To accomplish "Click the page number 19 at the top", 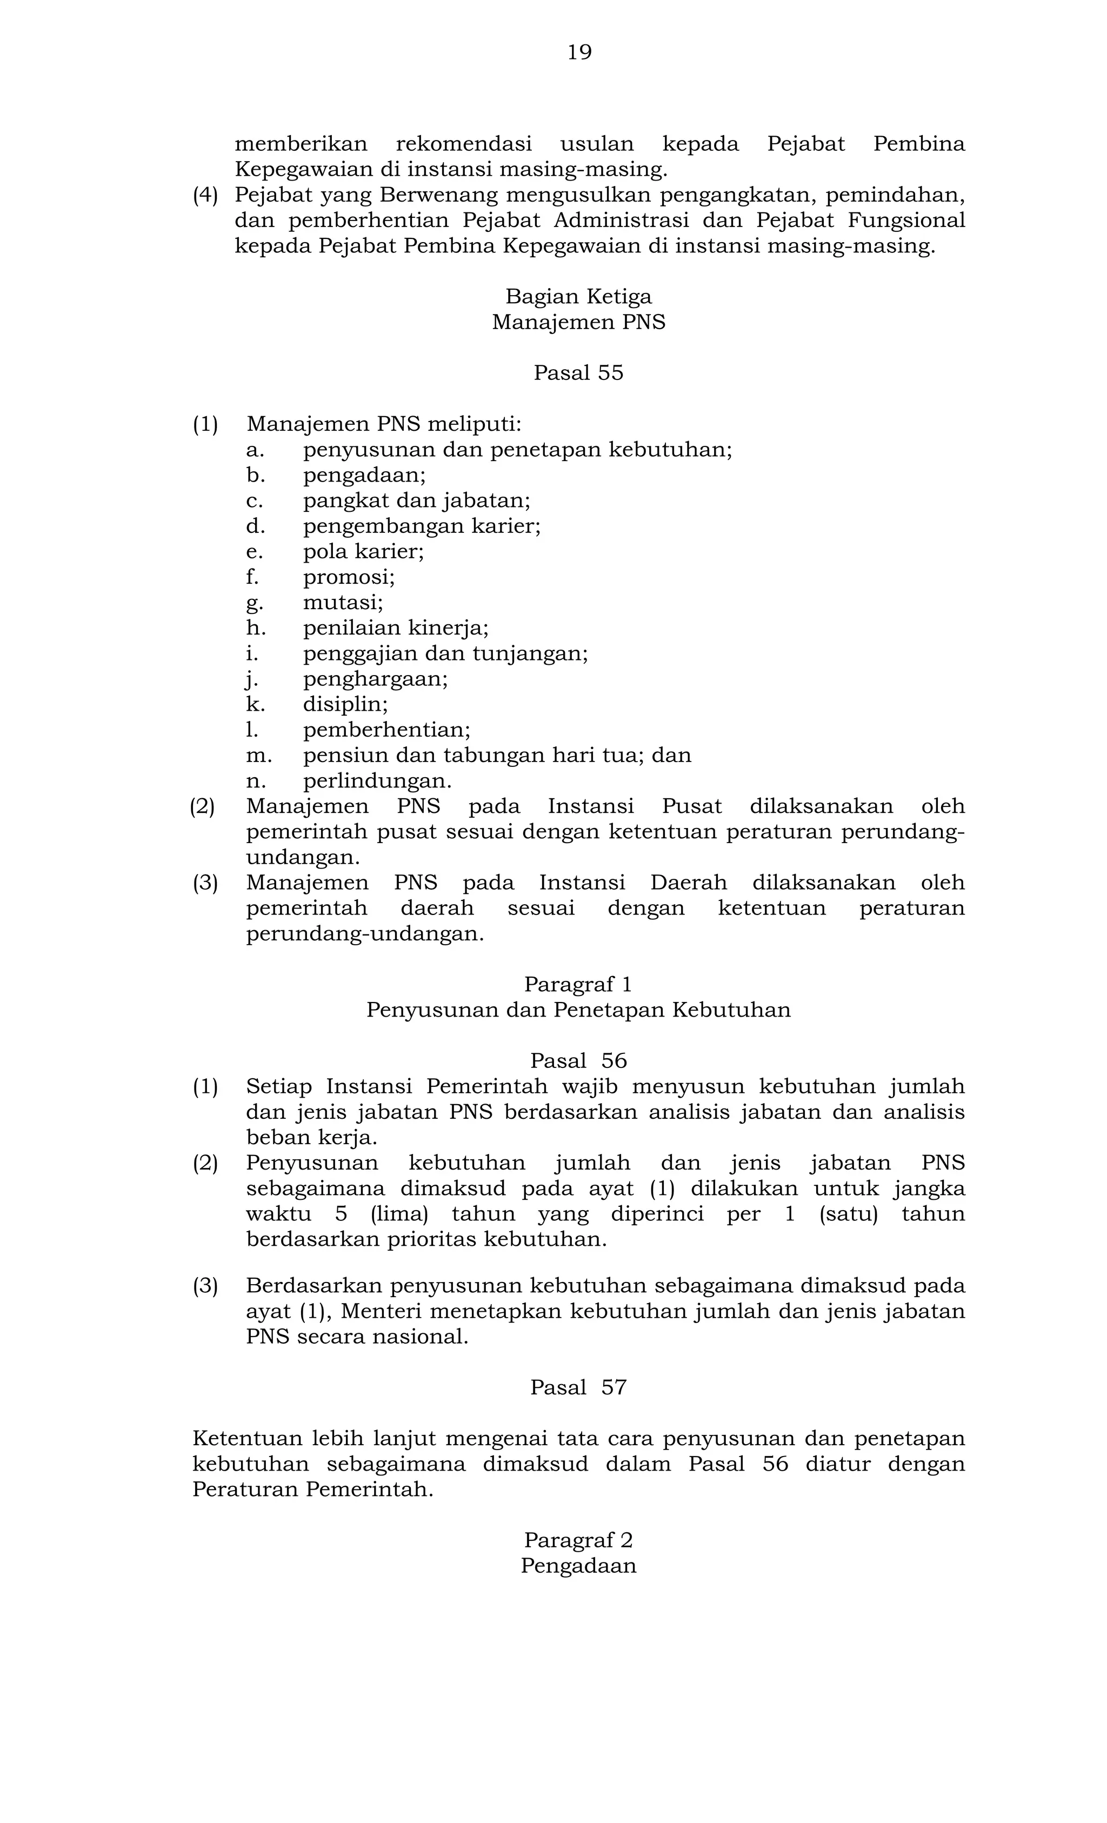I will [x=579, y=52].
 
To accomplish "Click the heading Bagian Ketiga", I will [x=579, y=297].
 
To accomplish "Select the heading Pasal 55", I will [x=579, y=373].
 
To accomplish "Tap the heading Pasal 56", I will [x=579, y=1061].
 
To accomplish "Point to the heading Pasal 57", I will [x=579, y=1387].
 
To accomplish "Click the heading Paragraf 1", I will [x=579, y=985].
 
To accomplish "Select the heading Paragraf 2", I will [x=579, y=1540].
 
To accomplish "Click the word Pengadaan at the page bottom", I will [x=579, y=1566].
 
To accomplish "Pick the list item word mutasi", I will [x=343, y=602].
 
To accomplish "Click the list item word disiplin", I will [x=345, y=704].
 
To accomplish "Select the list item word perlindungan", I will [x=377, y=780].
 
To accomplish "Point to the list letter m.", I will [x=258, y=756].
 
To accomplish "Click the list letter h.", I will [x=255, y=628].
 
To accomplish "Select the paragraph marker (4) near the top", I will [x=206, y=195].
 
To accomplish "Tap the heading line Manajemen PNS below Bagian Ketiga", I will [x=579, y=323].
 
